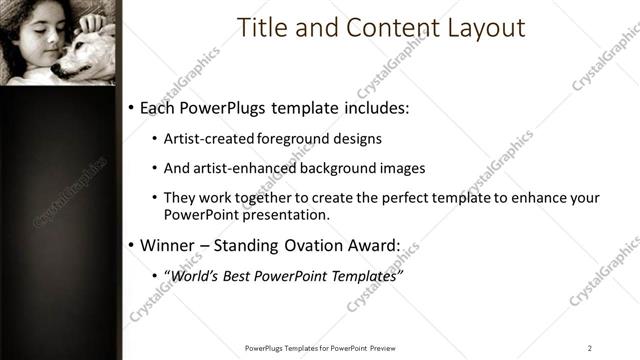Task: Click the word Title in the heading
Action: [x=258, y=28]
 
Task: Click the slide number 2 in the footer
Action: [x=590, y=348]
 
